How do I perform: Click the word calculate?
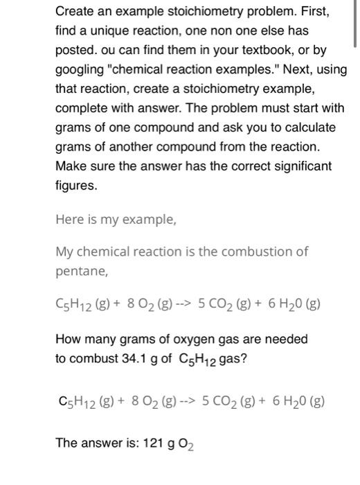coord(309,127)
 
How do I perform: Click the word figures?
coord(76,186)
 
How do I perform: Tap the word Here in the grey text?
coord(69,220)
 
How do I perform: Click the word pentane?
coord(82,271)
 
